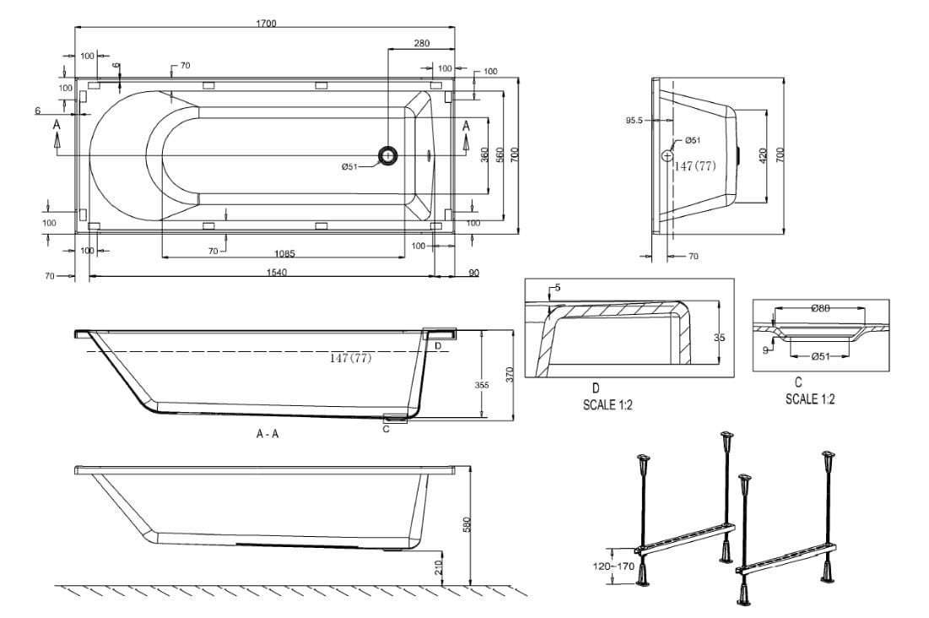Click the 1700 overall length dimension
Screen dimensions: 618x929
(x=266, y=23)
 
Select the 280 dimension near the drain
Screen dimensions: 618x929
(x=422, y=43)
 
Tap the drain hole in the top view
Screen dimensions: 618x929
(x=389, y=155)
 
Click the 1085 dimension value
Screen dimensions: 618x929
(x=284, y=252)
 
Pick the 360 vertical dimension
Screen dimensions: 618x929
(x=485, y=156)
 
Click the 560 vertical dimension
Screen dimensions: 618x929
(x=500, y=156)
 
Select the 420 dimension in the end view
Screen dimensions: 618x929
(x=763, y=155)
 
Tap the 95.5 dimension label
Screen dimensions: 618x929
(x=635, y=121)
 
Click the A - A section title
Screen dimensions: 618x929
(x=268, y=434)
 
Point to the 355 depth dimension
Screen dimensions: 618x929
(x=482, y=385)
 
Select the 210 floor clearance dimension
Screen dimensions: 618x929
(x=439, y=567)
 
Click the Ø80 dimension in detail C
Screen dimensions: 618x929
(x=819, y=308)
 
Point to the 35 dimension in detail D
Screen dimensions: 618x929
(x=719, y=337)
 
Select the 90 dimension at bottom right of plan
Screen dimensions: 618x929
(x=473, y=272)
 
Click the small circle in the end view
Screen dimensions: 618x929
(x=667, y=155)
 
